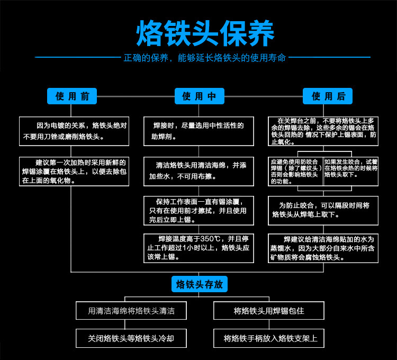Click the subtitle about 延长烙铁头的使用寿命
pyautogui.click(x=205, y=57)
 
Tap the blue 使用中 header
pyautogui.click(x=199, y=96)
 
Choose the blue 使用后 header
pyautogui.click(x=327, y=96)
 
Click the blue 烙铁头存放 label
pyautogui.click(x=199, y=285)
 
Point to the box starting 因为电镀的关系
pyautogui.click(x=74, y=131)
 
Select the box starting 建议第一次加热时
pyautogui.click(x=74, y=171)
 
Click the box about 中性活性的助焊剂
pyautogui.click(x=198, y=131)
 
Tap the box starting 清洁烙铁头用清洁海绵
pyautogui.click(x=198, y=171)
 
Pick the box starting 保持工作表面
pyautogui.click(x=198, y=210)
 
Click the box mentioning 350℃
pyautogui.click(x=198, y=248)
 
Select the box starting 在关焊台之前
pyautogui.click(x=323, y=131)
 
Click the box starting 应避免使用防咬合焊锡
pyautogui.click(x=295, y=171)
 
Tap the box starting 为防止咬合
pyautogui.click(x=323, y=210)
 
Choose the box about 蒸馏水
pyautogui.click(x=323, y=248)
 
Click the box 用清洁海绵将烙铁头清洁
pyautogui.click(x=131, y=311)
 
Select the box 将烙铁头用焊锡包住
pyautogui.click(x=269, y=311)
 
